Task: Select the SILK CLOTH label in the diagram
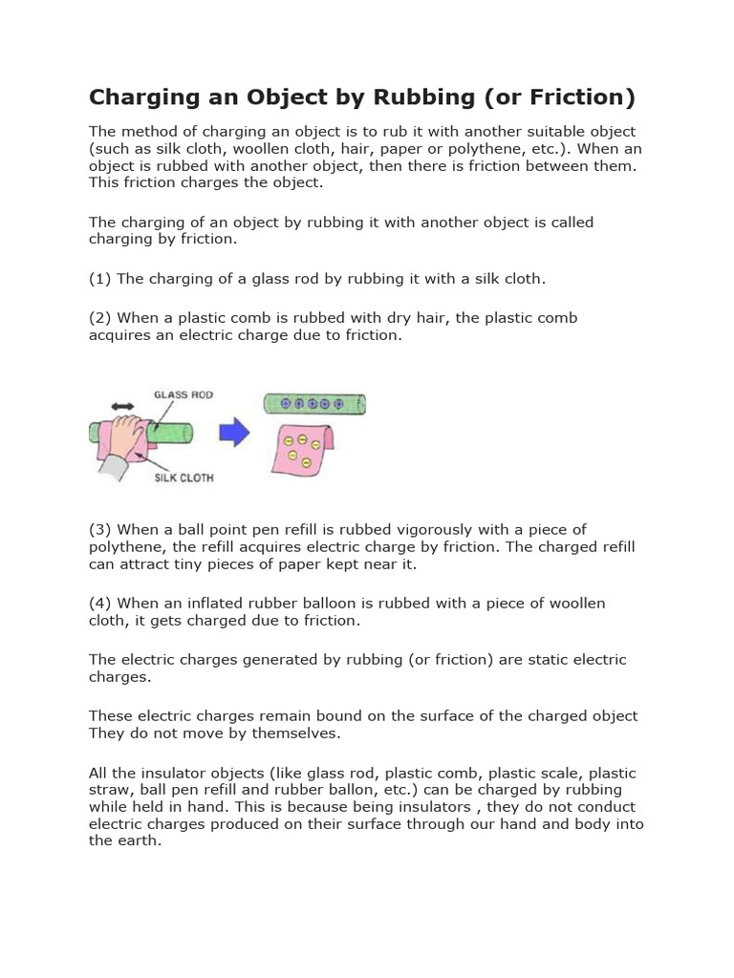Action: coord(183,478)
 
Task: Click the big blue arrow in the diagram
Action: coord(234,434)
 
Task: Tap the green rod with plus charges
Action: coord(313,404)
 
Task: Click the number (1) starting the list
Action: coord(100,279)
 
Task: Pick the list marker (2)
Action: coord(100,318)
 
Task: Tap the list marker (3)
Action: coord(100,530)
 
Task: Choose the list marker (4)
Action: coord(100,604)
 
